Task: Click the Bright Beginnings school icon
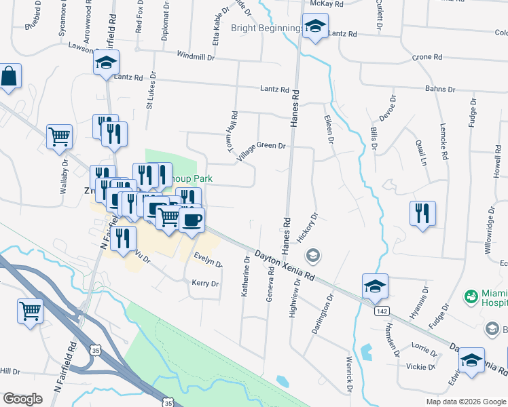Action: pos(314,28)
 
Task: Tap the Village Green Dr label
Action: pos(261,151)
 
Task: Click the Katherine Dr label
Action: pos(247,279)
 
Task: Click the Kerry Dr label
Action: pos(205,284)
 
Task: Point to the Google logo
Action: pos(22,399)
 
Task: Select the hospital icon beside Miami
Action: pos(470,296)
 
